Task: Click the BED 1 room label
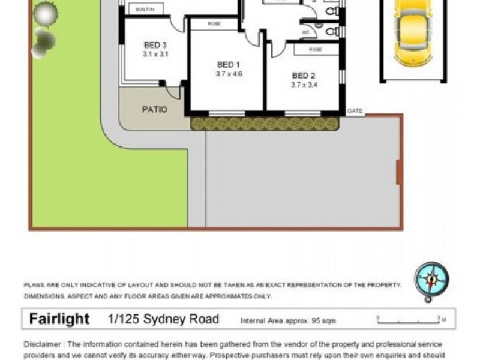(229, 65)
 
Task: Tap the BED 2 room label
(304, 76)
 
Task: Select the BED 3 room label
(155, 45)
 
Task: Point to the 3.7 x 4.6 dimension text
(229, 74)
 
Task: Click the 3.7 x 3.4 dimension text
(304, 85)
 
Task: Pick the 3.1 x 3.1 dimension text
(155, 54)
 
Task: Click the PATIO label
(154, 110)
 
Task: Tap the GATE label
(355, 111)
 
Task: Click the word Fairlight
(59, 319)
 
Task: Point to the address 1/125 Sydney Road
(163, 319)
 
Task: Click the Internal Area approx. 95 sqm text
(288, 321)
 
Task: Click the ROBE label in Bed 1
(214, 23)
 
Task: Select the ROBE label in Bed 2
(316, 50)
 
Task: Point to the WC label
(306, 31)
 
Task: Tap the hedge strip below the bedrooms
(265, 124)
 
